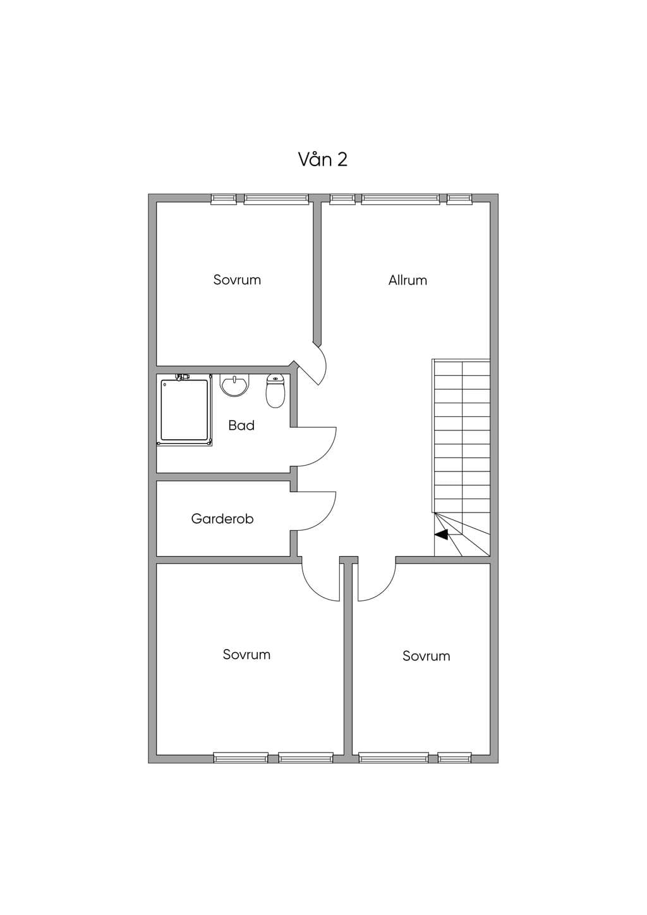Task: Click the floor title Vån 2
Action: (323, 159)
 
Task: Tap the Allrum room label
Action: (408, 280)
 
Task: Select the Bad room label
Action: (241, 426)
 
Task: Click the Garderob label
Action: (222, 519)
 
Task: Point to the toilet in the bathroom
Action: (275, 391)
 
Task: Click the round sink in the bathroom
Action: (234, 385)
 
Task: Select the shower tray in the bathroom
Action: (184, 410)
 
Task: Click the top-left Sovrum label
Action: (237, 280)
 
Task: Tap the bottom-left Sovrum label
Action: (246, 655)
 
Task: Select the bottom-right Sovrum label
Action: (426, 656)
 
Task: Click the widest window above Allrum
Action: (401, 199)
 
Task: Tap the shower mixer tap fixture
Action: (182, 377)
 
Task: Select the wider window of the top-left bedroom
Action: (276, 199)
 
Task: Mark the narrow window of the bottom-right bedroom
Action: (455, 758)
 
